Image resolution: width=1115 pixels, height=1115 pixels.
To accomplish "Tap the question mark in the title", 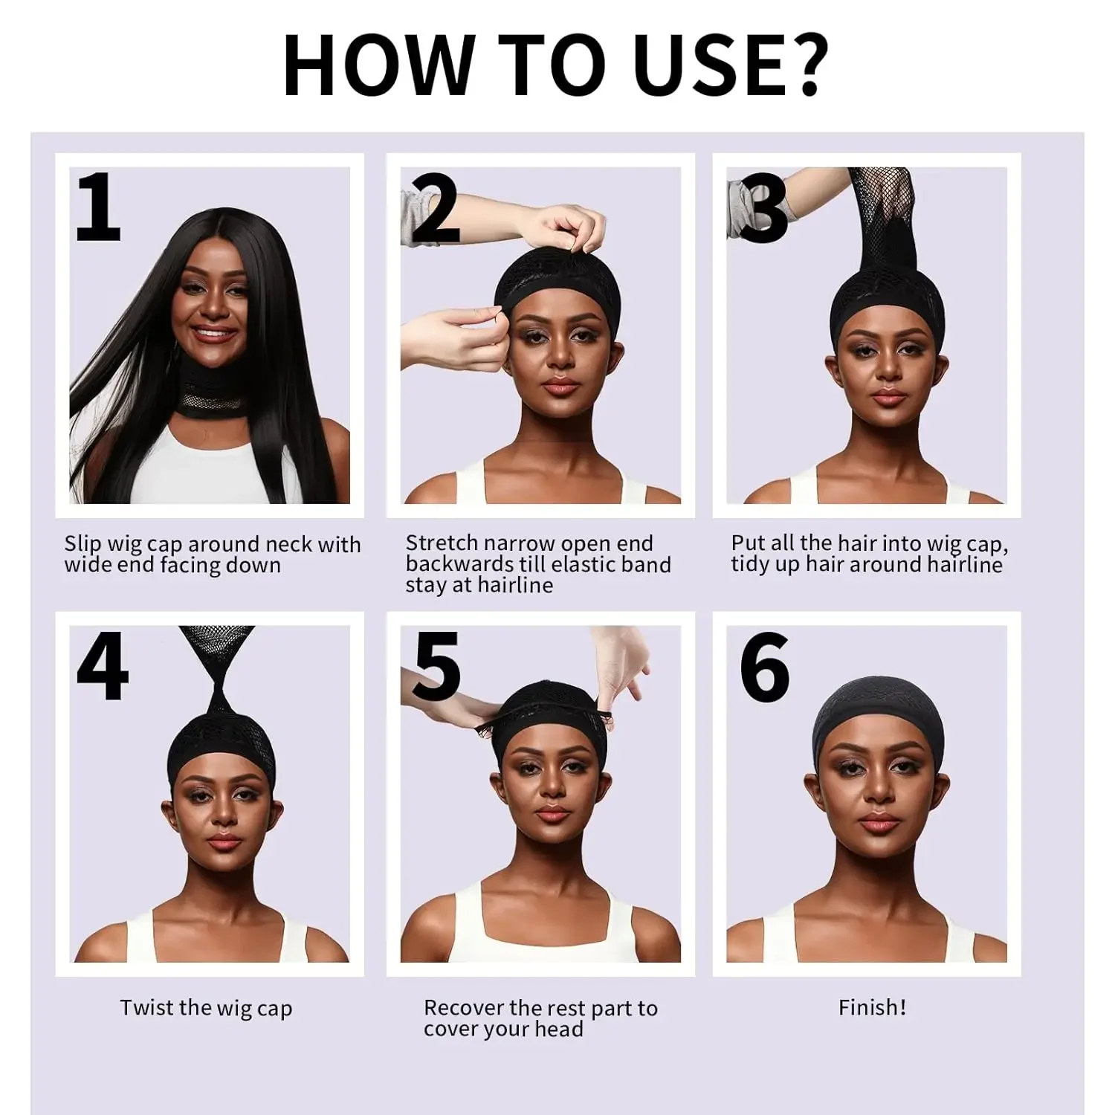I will (x=801, y=65).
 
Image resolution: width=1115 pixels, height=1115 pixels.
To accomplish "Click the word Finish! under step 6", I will (x=872, y=1007).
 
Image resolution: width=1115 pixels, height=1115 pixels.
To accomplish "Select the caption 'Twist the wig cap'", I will (x=206, y=1008).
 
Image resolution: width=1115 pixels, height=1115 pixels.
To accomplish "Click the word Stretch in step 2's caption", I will (x=442, y=543).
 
